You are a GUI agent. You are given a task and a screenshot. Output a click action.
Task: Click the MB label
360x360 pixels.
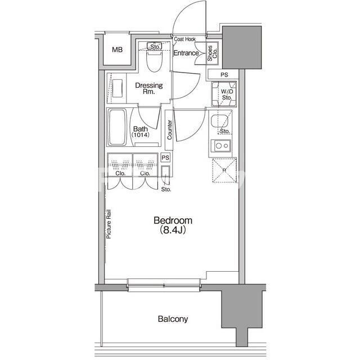[x=118, y=49]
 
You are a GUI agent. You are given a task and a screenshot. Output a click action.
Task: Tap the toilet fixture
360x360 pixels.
[x=155, y=60]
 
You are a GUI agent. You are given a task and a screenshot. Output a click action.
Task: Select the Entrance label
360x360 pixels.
[x=186, y=53]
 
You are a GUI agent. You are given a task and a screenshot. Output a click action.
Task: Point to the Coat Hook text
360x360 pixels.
[x=185, y=39]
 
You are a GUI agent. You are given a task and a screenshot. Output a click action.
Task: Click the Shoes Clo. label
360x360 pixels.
[x=212, y=53]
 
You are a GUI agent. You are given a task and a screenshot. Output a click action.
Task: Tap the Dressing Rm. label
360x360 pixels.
[x=149, y=88]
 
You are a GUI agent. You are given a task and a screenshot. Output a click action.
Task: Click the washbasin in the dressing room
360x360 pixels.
[x=118, y=88]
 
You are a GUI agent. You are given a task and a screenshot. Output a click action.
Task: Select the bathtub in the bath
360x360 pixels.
[x=118, y=128]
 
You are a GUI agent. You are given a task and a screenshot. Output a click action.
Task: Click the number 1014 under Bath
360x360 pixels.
[x=141, y=135]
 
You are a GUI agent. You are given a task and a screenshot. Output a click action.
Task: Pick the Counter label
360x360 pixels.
[x=169, y=130]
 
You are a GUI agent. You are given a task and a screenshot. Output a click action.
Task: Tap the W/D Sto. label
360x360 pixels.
[x=227, y=94]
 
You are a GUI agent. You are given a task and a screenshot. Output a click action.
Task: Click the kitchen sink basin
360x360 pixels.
[x=219, y=121]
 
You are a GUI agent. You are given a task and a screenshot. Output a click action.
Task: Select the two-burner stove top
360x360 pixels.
[x=222, y=146]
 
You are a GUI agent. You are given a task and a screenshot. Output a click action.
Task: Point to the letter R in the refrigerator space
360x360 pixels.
[x=224, y=170]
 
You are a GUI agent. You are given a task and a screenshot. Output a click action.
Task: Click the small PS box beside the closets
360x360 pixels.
[x=165, y=157]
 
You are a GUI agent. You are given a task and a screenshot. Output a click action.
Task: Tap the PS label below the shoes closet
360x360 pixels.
[x=224, y=75]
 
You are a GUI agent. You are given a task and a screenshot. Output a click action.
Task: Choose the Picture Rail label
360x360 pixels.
[x=109, y=224]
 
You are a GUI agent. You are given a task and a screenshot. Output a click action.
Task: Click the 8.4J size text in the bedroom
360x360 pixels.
[x=173, y=230]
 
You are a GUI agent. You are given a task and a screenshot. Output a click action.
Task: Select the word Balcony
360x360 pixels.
[x=173, y=319]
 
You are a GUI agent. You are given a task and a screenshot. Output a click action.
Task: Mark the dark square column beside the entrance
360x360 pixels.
[x=242, y=47]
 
